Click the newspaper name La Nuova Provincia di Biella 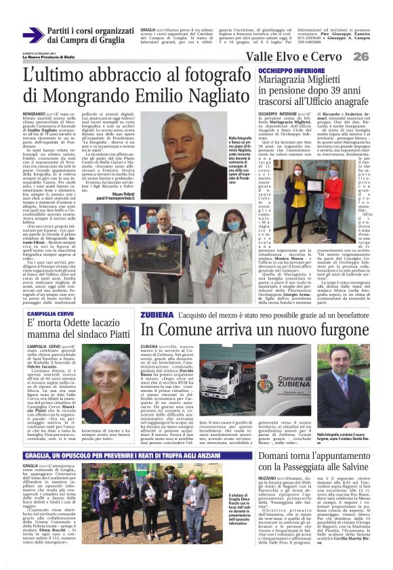click(50, 57)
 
